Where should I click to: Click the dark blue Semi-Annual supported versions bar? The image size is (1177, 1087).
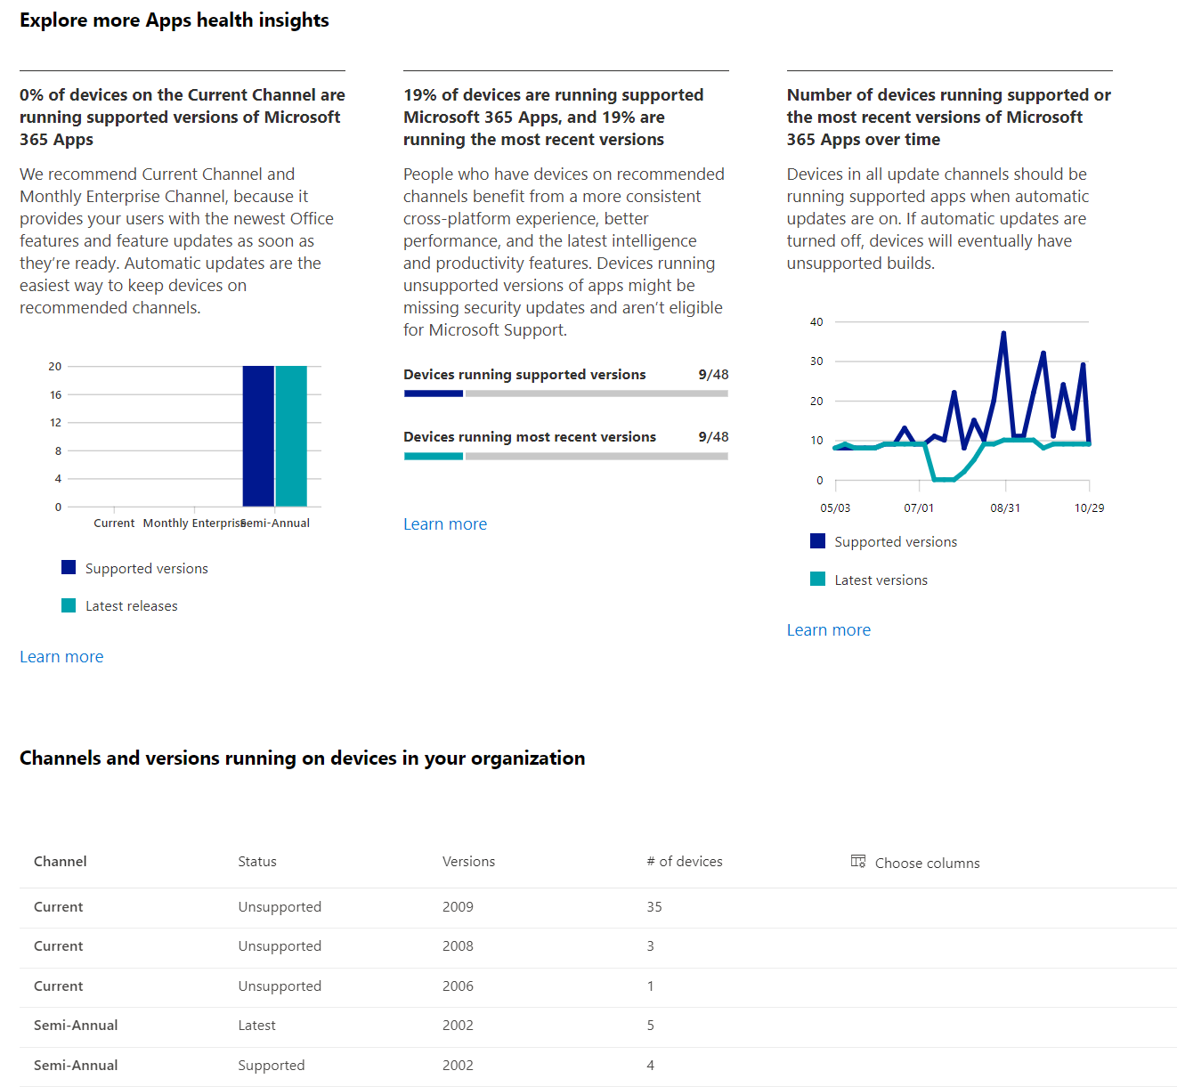point(258,436)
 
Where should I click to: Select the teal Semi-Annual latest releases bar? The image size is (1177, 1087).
point(291,436)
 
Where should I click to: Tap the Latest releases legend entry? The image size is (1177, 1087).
point(131,606)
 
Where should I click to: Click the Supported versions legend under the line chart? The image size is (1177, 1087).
point(895,542)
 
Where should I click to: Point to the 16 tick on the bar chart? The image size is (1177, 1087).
point(56,394)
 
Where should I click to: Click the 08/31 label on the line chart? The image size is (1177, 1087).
point(1005,508)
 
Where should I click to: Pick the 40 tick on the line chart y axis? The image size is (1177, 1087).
point(816,322)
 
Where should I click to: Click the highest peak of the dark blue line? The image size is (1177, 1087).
point(1003,334)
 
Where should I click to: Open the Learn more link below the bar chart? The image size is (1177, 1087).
point(61,657)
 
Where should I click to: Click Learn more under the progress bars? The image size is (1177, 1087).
point(445,524)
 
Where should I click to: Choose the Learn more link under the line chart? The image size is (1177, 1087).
point(828,630)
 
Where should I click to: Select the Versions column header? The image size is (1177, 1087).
point(468,862)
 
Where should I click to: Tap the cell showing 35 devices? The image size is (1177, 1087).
point(654,907)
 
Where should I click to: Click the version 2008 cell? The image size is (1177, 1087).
point(458,946)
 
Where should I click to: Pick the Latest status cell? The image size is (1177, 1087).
point(256,1026)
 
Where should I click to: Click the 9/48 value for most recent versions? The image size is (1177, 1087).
point(713,437)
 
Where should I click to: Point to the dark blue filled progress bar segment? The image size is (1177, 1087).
point(434,393)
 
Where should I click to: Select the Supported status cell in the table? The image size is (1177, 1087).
point(271,1066)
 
